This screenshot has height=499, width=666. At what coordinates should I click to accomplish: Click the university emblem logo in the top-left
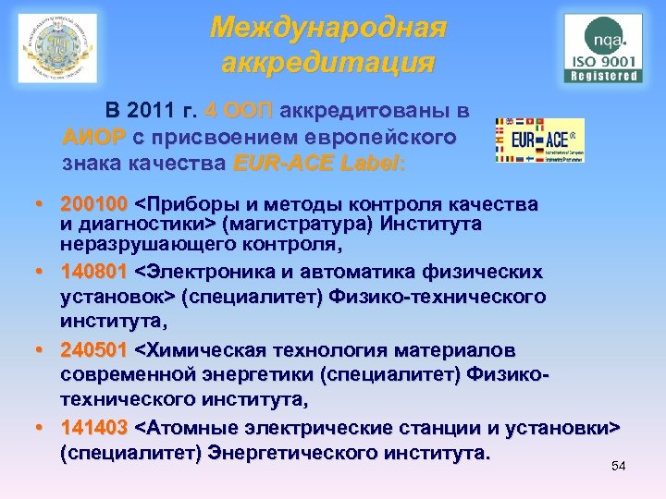pos(56,48)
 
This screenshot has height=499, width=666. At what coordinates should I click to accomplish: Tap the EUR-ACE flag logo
pos(540,140)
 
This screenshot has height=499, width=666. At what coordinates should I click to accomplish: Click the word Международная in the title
pos(328,29)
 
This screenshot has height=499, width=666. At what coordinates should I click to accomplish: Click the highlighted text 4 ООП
pos(239,113)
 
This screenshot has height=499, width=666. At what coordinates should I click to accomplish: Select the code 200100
pos(94,203)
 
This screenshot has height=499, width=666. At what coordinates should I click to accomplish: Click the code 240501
pos(94,351)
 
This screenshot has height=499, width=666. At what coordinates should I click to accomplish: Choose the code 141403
pos(94,430)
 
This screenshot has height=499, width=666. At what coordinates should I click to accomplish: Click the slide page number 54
pos(619,466)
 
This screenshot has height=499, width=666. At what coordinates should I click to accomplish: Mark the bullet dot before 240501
pos(43,352)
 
